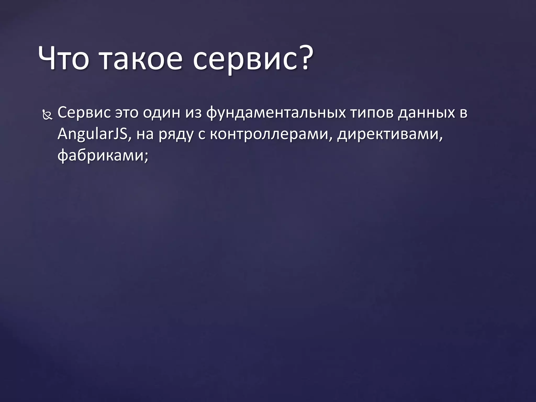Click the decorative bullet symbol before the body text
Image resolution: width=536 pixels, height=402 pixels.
coord(47,115)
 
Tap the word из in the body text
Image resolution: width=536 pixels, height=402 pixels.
coord(194,113)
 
